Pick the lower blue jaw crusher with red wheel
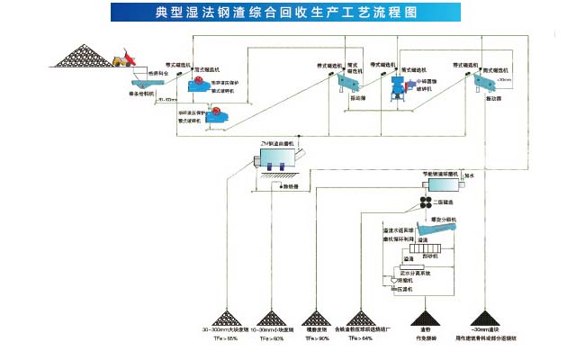pyautogui.click(x=218, y=113)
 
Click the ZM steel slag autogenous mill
pyautogui.click(x=280, y=159)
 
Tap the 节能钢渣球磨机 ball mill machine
pyautogui.click(x=444, y=183)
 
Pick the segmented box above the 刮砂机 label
pyautogui.click(x=426, y=254)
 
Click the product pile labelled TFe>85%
pyautogui.click(x=219, y=319)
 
